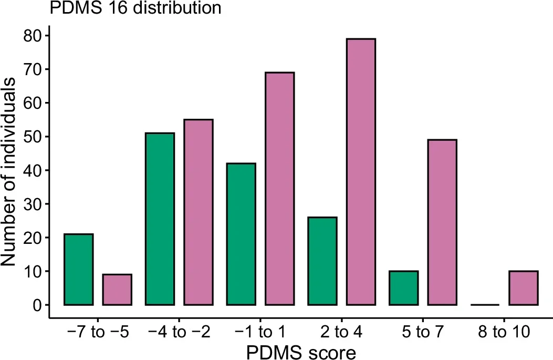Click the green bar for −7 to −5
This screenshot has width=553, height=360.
(78, 270)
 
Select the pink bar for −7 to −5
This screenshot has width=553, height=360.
(117, 290)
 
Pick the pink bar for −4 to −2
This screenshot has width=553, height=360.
(198, 212)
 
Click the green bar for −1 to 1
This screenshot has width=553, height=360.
(241, 234)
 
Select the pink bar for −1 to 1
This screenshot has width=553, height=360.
(279, 189)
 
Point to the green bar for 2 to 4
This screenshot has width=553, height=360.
(322, 261)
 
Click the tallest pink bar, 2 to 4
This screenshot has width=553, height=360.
(361, 172)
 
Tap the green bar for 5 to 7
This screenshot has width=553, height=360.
(404, 288)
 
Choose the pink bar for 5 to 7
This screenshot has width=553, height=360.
(442, 222)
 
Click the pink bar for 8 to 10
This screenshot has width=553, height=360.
(524, 288)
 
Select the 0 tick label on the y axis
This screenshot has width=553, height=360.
(36, 305)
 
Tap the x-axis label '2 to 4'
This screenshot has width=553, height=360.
(341, 333)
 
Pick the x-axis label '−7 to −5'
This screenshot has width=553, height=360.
(97, 333)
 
